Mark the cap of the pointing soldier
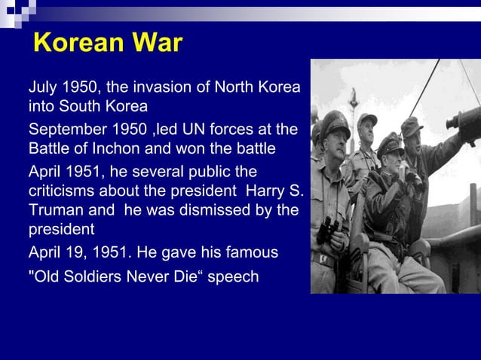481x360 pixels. tap(412, 125)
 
